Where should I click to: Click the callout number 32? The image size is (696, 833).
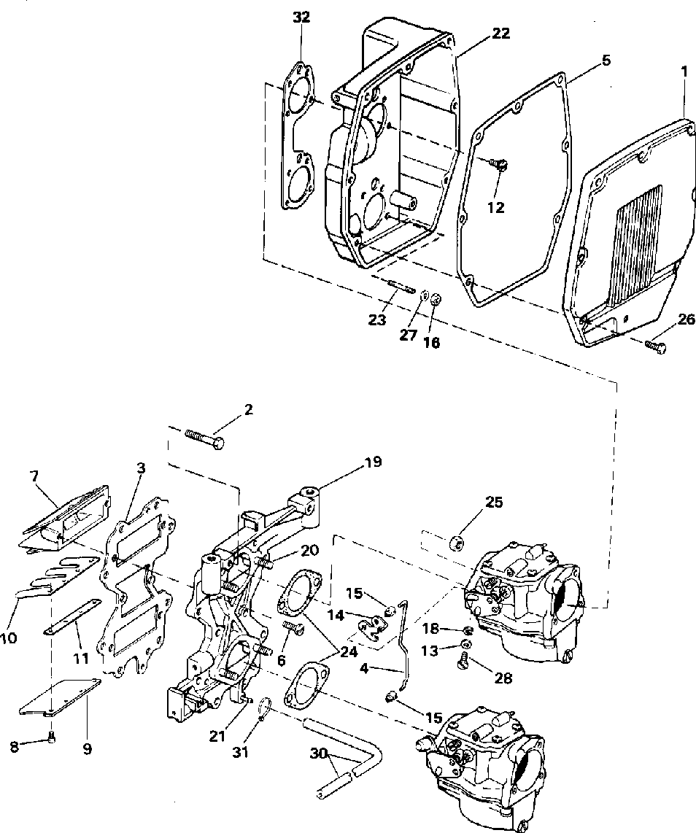(x=301, y=18)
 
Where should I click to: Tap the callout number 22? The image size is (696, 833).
(x=500, y=33)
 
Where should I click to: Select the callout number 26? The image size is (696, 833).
(x=686, y=319)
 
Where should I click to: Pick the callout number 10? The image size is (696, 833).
(x=8, y=638)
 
